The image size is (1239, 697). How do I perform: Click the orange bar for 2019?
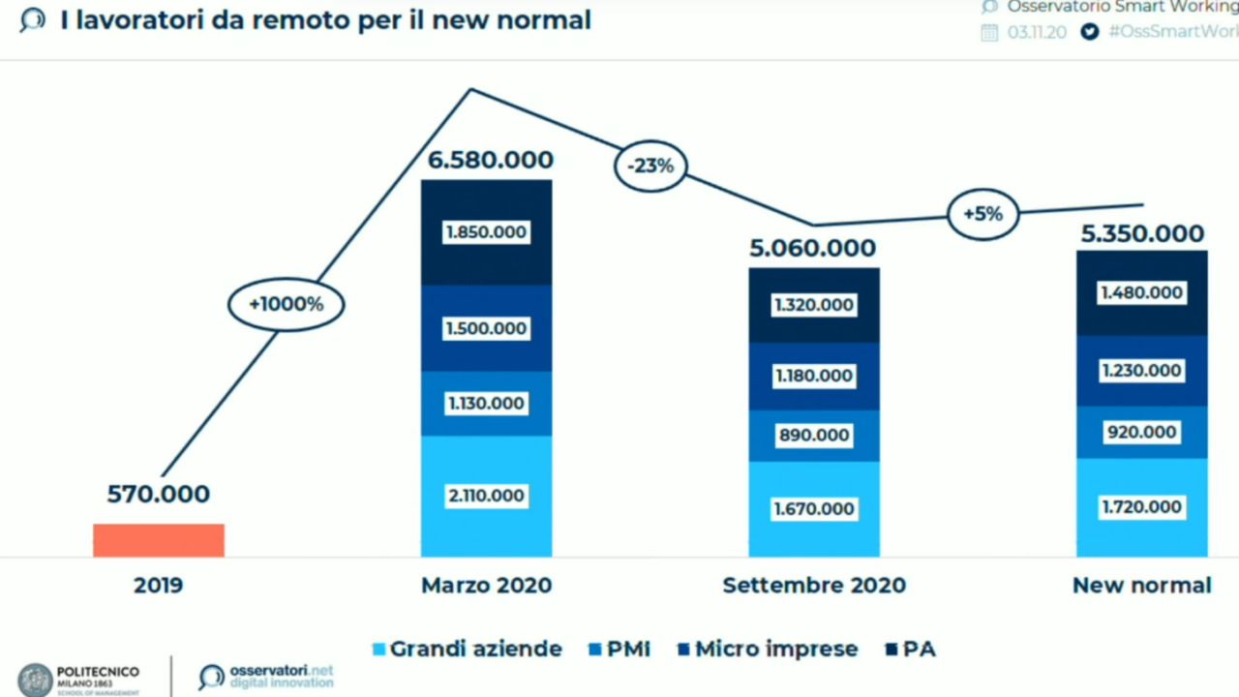pos(159,540)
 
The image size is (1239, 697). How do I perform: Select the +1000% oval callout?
pos(286,304)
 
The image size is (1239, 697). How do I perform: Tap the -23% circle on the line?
pos(650,166)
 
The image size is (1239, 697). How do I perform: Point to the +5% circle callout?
pos(982,214)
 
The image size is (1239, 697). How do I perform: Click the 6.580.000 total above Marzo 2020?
pos(491,160)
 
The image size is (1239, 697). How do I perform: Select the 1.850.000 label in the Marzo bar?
pos(486,232)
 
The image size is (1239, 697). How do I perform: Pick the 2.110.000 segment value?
pos(486,496)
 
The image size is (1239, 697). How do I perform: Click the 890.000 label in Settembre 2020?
pos(814,435)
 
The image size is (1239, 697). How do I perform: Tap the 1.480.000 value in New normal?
pos(1142,292)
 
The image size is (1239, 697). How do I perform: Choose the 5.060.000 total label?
pos(813,248)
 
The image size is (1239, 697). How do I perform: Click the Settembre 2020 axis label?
pos(814,585)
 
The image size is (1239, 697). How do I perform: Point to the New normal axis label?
pos(1142,585)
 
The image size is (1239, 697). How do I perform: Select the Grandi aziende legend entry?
pos(468,649)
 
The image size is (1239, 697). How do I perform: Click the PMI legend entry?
pos(619,649)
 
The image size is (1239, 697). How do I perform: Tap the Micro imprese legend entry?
pos(768,649)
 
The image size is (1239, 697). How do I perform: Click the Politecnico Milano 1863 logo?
pos(79,680)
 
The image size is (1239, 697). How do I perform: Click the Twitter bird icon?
pos(1090,32)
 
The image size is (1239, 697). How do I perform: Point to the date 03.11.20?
pos(1037,32)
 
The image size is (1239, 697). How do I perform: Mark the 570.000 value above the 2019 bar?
pos(158,494)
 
